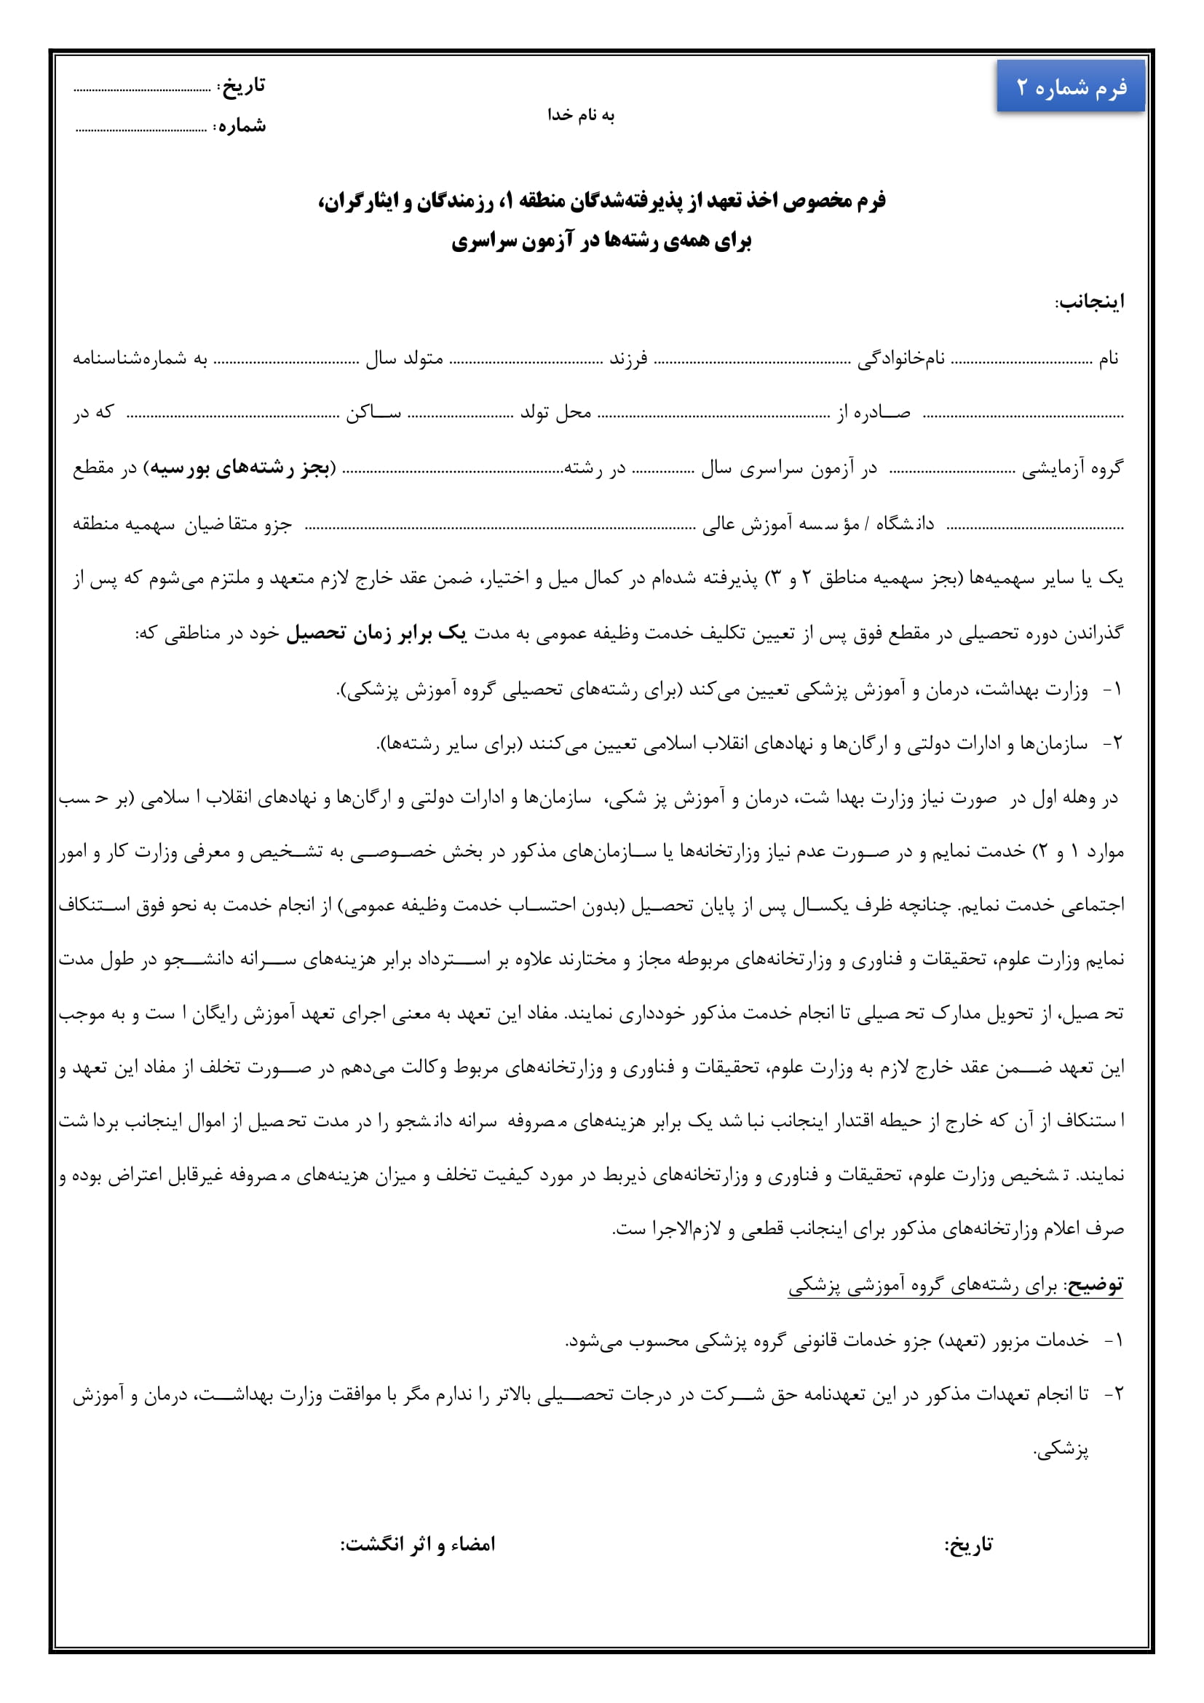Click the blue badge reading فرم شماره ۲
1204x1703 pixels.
click(x=1070, y=87)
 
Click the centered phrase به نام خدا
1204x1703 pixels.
click(x=581, y=115)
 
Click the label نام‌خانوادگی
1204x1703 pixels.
click(x=901, y=359)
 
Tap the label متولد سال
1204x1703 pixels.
click(x=404, y=359)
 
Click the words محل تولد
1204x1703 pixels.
click(x=555, y=412)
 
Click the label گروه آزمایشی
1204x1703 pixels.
click(x=1073, y=468)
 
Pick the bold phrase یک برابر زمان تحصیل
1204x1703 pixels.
click(x=376, y=633)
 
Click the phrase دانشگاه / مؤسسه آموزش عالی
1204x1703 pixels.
click(x=818, y=523)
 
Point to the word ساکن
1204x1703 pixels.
click(x=373, y=412)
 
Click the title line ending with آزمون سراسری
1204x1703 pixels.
click(x=601, y=241)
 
